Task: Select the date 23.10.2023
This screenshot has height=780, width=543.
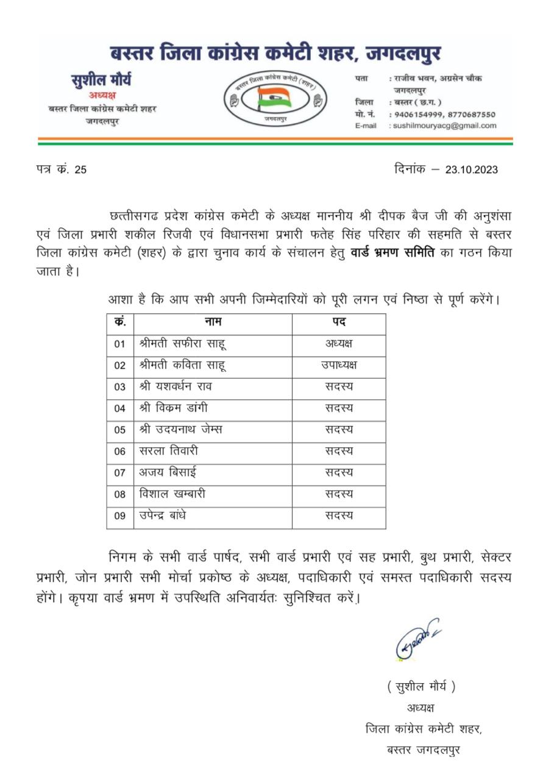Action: pos(471,169)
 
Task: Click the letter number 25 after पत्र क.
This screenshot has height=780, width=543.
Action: pos(80,170)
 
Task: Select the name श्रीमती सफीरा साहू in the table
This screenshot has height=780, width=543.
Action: pos(174,344)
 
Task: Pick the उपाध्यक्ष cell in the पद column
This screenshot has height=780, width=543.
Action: pos(339,365)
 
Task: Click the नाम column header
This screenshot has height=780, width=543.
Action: pos(213,322)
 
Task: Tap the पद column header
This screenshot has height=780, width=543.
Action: pos(339,322)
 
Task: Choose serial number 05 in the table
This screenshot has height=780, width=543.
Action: pos(119,430)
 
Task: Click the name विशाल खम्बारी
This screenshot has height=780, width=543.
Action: pos(172,494)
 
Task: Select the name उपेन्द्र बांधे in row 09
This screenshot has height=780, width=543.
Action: pos(163,516)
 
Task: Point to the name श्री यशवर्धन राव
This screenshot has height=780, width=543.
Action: pos(176,386)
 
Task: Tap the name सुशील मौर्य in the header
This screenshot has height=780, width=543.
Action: pos(101,80)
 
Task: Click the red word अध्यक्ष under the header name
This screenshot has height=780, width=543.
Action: pos(102,95)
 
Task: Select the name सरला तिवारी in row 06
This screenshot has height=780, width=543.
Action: pos(168,451)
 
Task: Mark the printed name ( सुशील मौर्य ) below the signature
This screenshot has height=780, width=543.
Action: pos(421,687)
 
